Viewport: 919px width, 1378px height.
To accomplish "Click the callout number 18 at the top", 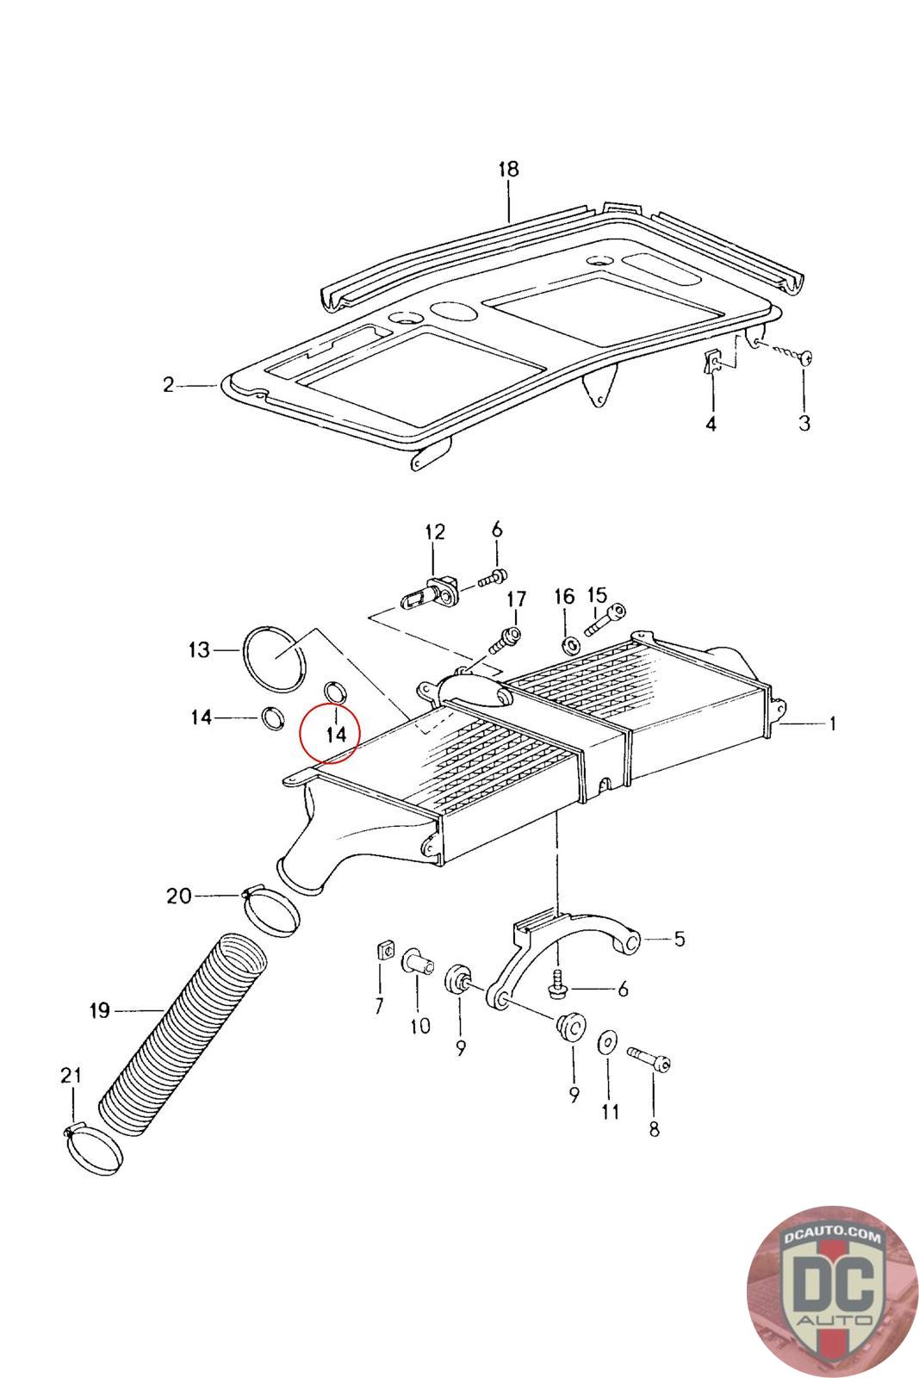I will coord(508,169).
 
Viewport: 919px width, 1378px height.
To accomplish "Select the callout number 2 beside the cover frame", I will coord(169,385).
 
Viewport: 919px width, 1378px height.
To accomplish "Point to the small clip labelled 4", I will coord(712,363).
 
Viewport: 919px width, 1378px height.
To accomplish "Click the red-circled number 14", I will coord(335,734).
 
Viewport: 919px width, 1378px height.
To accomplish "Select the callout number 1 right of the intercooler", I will coord(832,724).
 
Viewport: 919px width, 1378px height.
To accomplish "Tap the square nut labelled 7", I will coord(383,951).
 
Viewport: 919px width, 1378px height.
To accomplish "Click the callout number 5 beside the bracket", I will coord(679,939).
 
